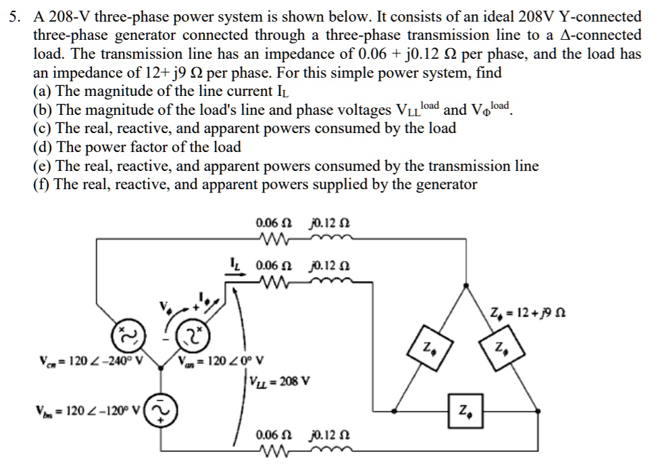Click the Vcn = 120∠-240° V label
(91, 359)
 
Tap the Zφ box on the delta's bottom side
(465, 409)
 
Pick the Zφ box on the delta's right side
(501, 348)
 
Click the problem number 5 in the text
(12, 17)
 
